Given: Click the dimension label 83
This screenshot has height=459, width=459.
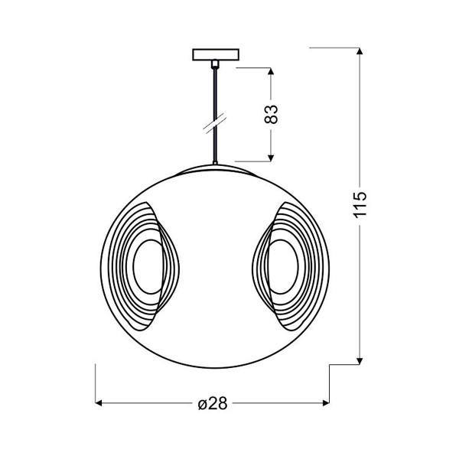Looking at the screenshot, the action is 271,114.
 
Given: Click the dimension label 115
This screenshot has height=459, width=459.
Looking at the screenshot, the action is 360,205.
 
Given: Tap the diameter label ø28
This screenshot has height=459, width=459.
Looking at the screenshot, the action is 213,404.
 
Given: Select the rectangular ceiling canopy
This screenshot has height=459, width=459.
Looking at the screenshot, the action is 216,55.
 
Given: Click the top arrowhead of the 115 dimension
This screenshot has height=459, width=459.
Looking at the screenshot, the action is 360,51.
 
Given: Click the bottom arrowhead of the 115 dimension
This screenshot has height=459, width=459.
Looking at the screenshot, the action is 360,361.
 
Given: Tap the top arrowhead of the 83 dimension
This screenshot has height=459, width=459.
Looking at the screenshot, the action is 271,71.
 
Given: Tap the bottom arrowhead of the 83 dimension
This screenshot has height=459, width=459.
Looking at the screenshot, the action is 271,158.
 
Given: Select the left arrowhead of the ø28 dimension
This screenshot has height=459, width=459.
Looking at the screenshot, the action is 99,403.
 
